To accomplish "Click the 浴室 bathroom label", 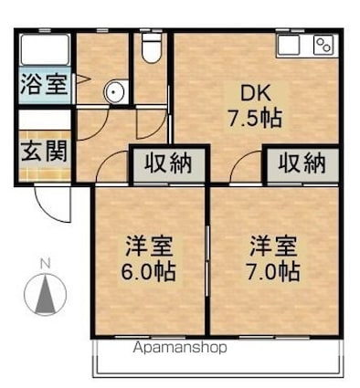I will click(x=43, y=87).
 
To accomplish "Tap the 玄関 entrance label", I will click(x=43, y=151).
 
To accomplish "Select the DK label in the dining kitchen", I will click(x=253, y=92).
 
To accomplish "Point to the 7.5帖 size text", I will click(x=253, y=117).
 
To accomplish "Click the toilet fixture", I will click(x=152, y=47).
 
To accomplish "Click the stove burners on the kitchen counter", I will click(x=323, y=45).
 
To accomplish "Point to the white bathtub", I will click(x=43, y=50).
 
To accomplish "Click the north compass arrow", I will click(x=44, y=294).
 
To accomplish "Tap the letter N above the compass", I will click(x=44, y=266).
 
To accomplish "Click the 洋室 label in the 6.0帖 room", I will click(x=151, y=246).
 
